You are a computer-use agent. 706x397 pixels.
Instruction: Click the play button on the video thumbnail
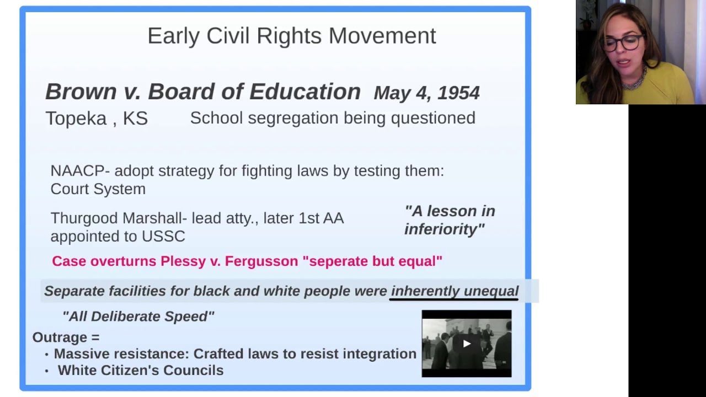tap(467, 344)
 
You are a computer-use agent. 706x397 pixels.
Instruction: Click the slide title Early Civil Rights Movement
tap(291, 36)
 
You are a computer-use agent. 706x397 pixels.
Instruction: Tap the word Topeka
tap(76, 119)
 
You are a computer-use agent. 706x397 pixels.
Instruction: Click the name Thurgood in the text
tap(84, 218)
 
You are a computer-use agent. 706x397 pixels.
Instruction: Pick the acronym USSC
tap(163, 237)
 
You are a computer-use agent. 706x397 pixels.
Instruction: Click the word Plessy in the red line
tap(183, 261)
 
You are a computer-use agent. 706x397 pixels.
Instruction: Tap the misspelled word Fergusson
tap(261, 261)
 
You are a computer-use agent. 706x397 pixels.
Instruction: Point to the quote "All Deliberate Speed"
tap(138, 316)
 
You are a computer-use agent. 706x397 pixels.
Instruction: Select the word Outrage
tap(60, 337)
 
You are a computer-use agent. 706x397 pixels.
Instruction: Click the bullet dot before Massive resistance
tap(46, 355)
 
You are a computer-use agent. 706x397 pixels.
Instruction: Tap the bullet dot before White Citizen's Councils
tap(46, 372)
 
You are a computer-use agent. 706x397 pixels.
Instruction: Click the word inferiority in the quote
tap(443, 229)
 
